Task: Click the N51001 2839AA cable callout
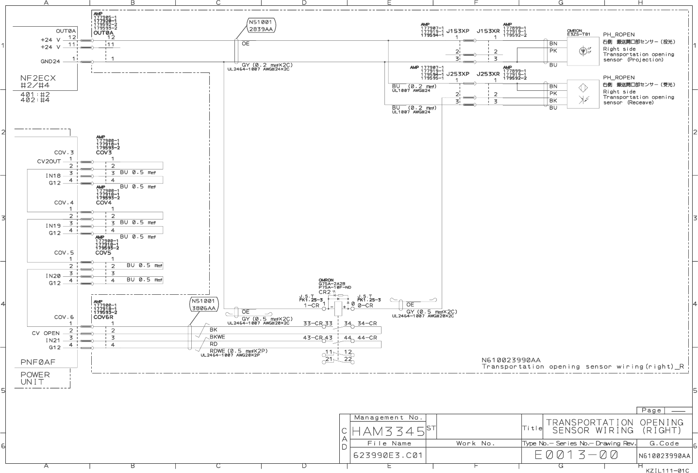[x=261, y=26]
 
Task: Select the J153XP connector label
[x=458, y=31]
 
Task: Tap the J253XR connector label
[x=488, y=74]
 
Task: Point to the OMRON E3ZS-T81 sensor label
[x=578, y=33]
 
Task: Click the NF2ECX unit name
[x=38, y=78]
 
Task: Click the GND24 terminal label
[x=50, y=61]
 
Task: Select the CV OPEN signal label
[x=46, y=333]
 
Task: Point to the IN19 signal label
[x=53, y=226]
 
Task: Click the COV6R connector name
[x=103, y=317]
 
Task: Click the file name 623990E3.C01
[x=388, y=456]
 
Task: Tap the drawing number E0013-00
[x=576, y=455]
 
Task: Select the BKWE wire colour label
[x=217, y=337]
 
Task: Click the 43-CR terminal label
[x=313, y=338]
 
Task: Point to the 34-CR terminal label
[x=367, y=323]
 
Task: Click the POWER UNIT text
[x=35, y=378]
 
